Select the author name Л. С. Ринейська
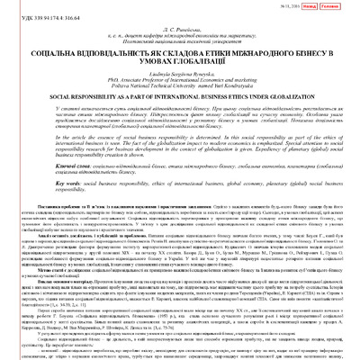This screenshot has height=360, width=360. tap(180, 27)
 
